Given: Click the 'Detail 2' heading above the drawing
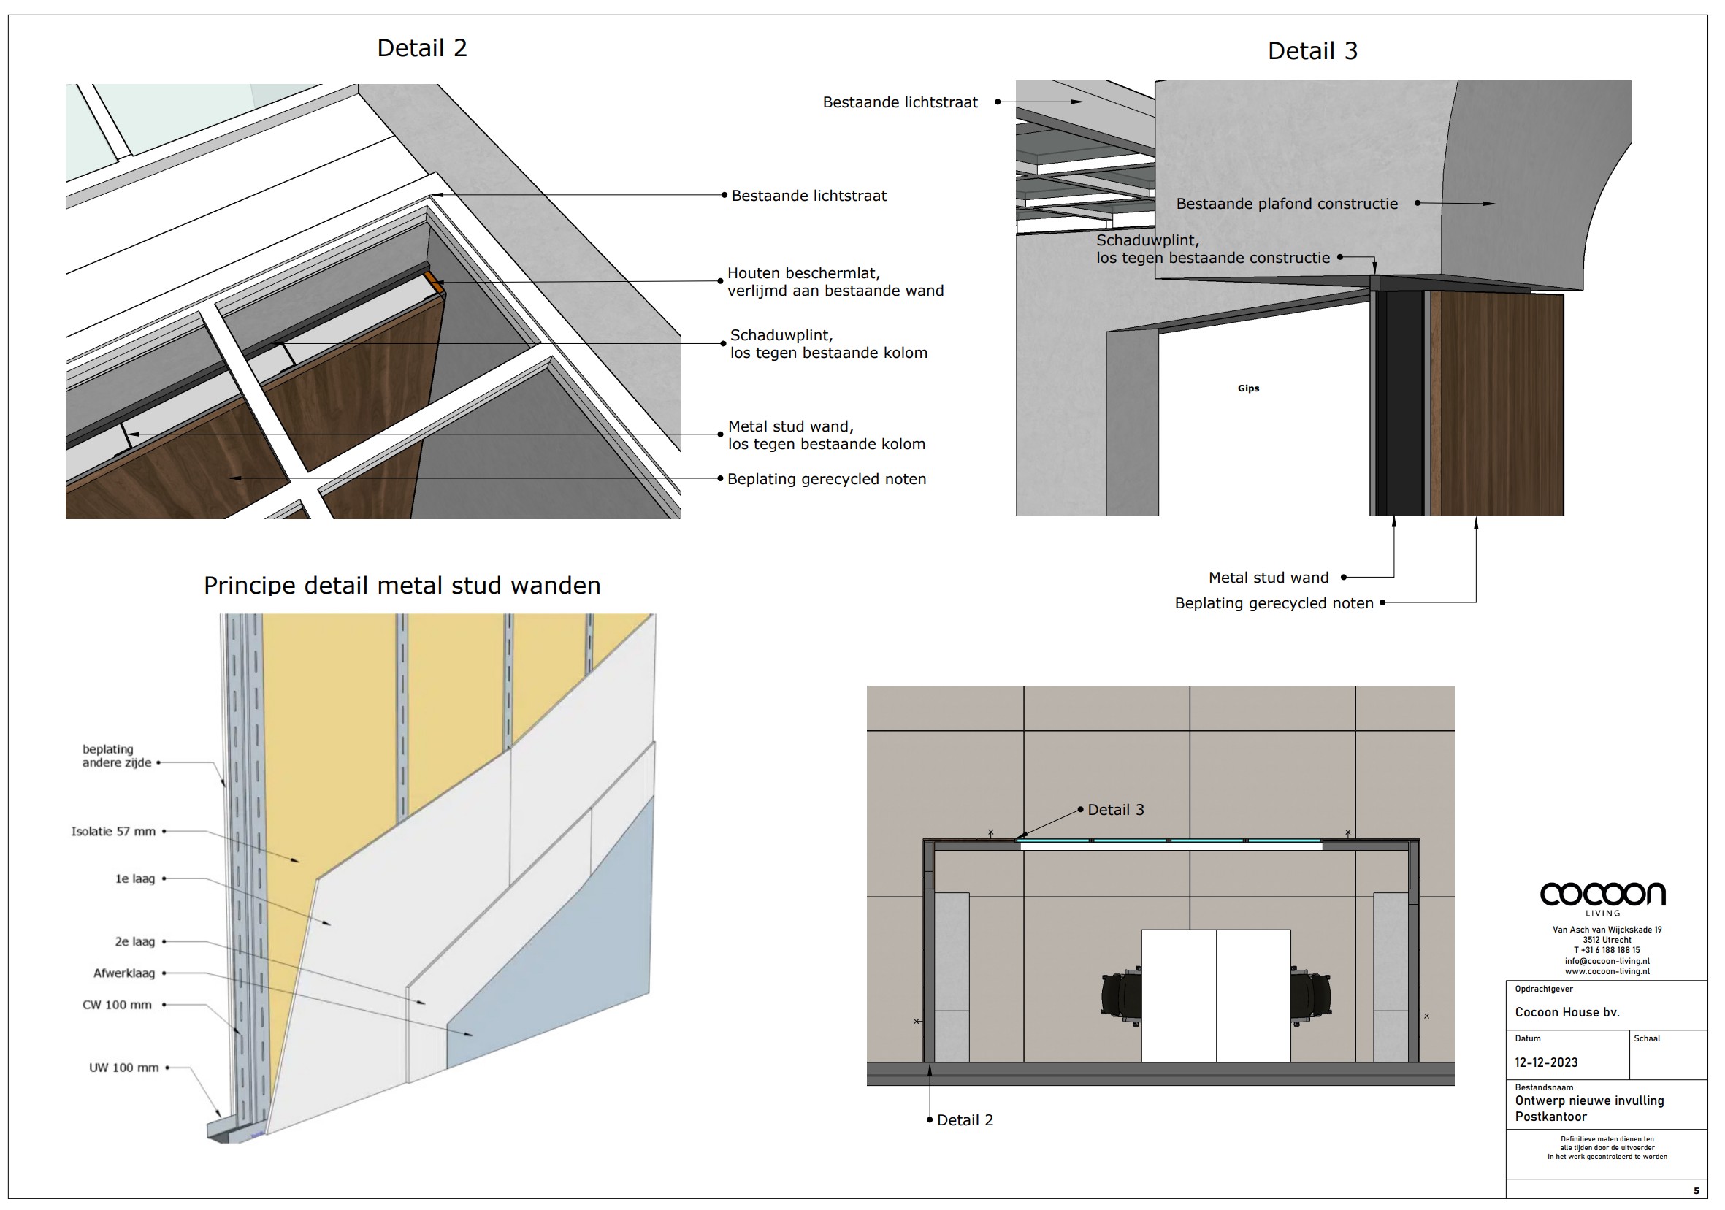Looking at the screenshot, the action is point(422,48).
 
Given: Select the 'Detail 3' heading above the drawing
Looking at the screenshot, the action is point(1312,51).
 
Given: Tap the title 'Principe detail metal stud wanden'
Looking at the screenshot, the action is point(402,586).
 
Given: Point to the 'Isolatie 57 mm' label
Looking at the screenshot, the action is point(113,832).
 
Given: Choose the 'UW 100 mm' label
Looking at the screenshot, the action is point(124,1068).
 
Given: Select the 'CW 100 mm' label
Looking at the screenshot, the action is point(117,1005).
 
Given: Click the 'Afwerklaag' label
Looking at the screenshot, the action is point(124,973).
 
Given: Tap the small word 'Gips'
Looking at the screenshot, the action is point(1249,388).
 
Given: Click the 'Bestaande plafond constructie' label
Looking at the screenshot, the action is point(1287,204).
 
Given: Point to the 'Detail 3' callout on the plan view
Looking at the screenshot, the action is point(1116,810).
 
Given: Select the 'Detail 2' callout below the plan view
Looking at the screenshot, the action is point(965,1120).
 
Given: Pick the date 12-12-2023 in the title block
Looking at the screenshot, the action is point(1546,1062).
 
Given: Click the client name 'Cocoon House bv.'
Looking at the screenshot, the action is point(1567,1012).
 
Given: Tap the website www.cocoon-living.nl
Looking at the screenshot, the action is point(1607,971).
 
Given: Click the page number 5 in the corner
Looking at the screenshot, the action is point(1697,1190).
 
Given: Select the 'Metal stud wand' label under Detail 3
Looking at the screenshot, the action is point(1269,578).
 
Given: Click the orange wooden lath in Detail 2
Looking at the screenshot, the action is point(434,283).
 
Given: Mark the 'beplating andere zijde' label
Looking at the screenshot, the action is point(116,756).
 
